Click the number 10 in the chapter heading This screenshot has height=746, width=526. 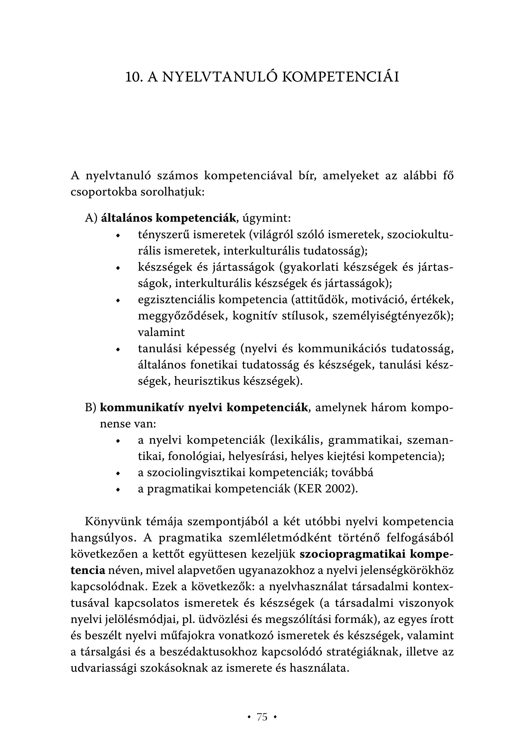133,77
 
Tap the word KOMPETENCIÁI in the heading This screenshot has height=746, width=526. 341,77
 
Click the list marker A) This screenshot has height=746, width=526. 91,218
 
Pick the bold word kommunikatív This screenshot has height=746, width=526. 142,407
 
